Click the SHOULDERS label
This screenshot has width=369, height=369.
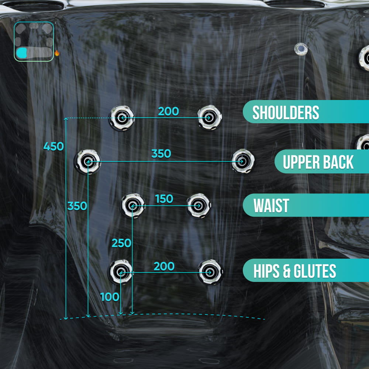286,113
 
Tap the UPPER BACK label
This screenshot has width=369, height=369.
318,162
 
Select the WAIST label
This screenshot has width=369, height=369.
271,206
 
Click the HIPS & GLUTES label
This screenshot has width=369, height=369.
294,271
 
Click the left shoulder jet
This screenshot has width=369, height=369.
121,118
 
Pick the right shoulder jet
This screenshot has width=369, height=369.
210,118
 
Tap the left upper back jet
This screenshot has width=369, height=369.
88,161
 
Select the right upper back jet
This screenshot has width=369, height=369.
242,161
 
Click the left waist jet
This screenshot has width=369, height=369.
133,205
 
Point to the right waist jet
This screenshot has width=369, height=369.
199,205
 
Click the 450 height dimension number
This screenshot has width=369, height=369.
54,146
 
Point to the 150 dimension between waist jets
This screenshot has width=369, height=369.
164,199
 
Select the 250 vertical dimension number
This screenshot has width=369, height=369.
121,243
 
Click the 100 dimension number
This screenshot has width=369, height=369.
110,297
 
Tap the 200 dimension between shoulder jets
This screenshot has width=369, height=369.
168,111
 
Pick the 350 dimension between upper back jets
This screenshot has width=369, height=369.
161,154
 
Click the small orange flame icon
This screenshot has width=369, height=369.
57,53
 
